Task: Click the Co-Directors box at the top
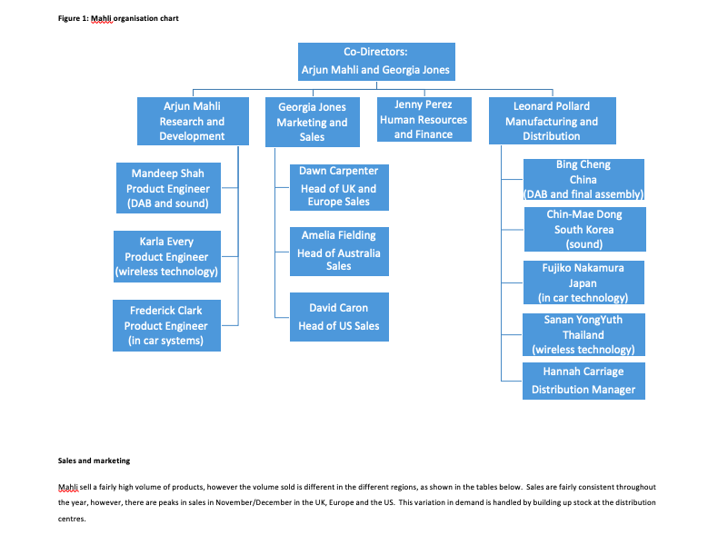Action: click(x=375, y=62)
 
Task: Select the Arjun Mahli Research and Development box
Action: click(x=192, y=121)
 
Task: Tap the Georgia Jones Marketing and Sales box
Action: click(x=312, y=122)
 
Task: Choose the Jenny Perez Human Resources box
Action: click(x=424, y=119)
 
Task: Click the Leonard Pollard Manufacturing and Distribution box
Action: click(x=552, y=121)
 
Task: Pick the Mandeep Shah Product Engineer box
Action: click(x=167, y=188)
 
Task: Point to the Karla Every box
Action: click(x=165, y=256)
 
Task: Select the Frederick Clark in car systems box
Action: click(x=165, y=325)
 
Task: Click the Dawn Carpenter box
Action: click(x=339, y=186)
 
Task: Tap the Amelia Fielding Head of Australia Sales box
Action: click(x=339, y=251)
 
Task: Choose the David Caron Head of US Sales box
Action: click(x=339, y=317)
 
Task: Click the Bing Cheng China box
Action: click(x=583, y=180)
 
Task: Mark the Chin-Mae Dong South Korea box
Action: click(x=583, y=229)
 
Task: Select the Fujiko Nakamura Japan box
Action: click(x=583, y=282)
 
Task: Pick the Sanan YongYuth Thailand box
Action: click(x=583, y=334)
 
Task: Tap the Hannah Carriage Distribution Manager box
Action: click(x=583, y=381)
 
